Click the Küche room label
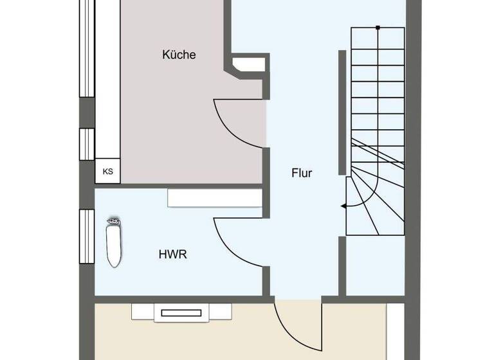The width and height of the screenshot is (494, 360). click(178, 55)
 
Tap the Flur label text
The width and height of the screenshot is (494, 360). click(301, 172)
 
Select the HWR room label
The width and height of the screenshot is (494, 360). click(172, 255)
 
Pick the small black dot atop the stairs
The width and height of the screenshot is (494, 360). click(378, 27)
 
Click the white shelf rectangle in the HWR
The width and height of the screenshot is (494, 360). click(215, 198)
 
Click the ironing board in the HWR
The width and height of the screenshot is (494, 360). click(113, 243)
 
